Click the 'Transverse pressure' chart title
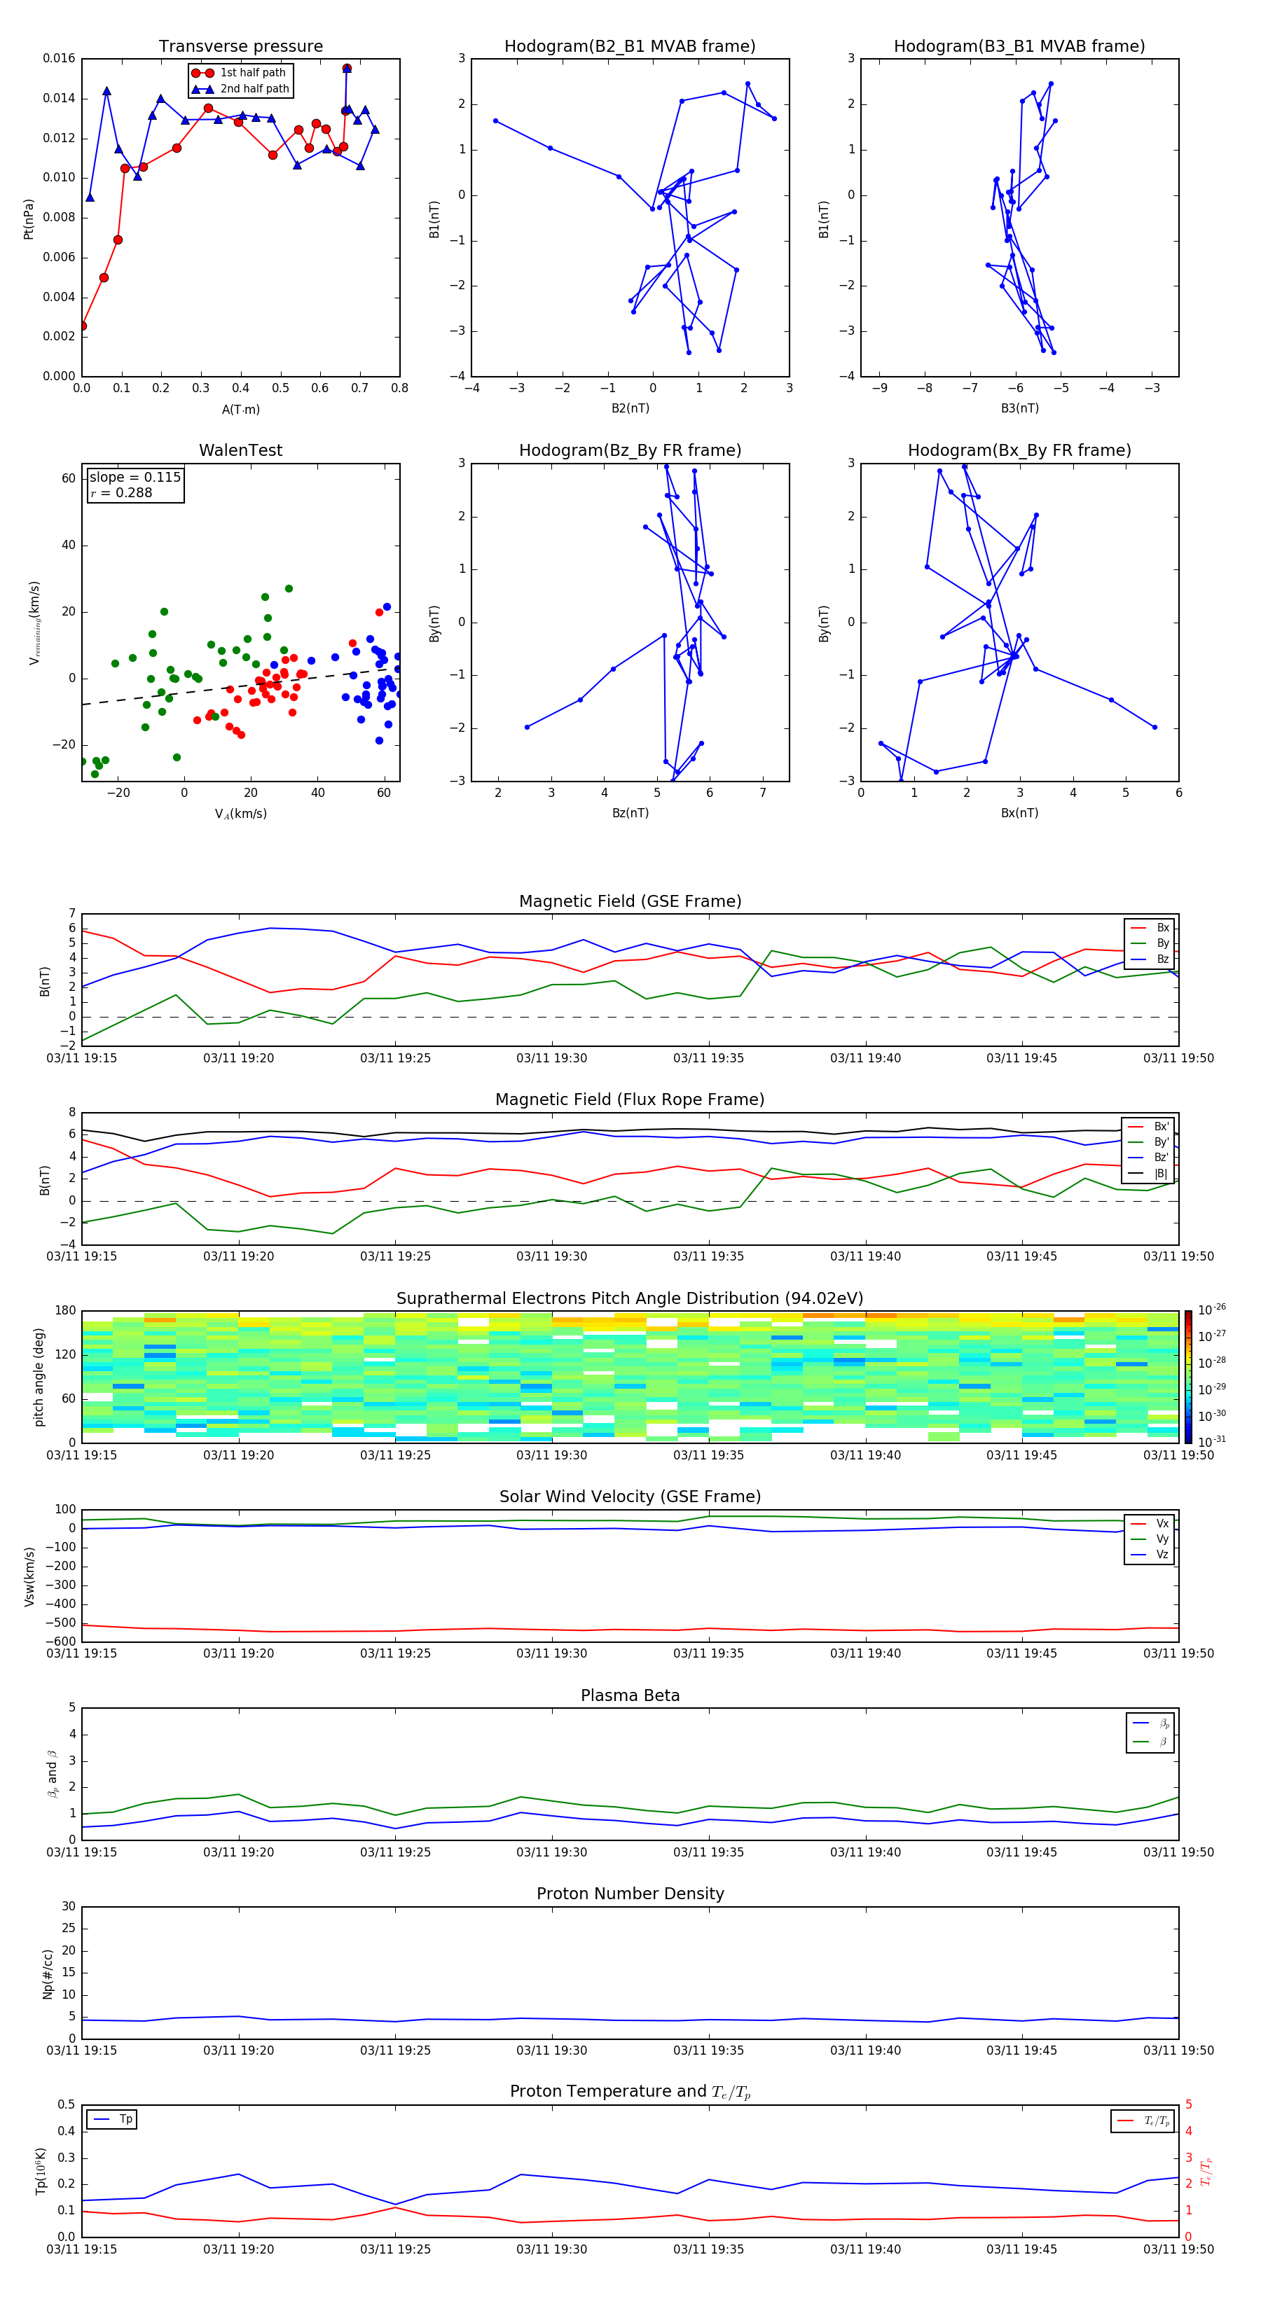[x=240, y=47]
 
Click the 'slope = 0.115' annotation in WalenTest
[x=135, y=478]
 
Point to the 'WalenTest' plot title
[x=240, y=450]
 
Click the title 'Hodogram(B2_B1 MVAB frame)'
[x=629, y=47]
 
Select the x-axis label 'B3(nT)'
[x=1019, y=408]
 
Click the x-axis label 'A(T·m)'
[x=240, y=410]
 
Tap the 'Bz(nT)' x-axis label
[x=630, y=813]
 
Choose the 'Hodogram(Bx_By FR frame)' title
[x=1019, y=450]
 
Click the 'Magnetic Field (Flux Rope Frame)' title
[x=629, y=1100]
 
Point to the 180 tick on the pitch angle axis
[x=66, y=1311]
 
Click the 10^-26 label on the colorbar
[x=1212, y=1310]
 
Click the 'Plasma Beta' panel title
[x=630, y=1695]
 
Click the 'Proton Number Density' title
[x=630, y=1894]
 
